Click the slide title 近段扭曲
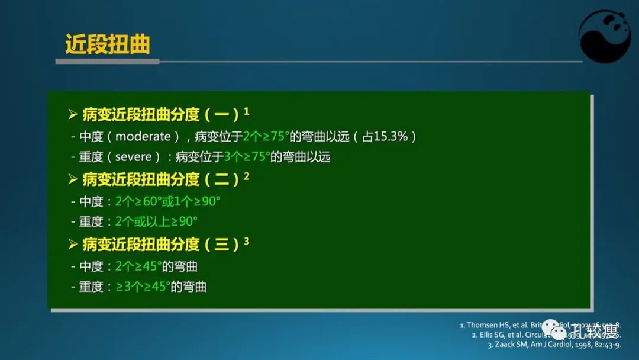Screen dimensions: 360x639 tap(107, 44)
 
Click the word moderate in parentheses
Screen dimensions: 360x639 tap(143, 136)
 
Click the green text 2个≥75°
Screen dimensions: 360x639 tap(266, 136)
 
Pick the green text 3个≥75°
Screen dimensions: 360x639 tap(247, 157)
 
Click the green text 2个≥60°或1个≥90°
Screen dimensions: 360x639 tap(167, 201)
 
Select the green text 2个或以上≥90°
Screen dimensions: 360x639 tap(156, 221)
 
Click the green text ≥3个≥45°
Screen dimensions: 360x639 tap(143, 287)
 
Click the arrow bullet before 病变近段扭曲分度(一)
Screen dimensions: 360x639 tap(73, 114)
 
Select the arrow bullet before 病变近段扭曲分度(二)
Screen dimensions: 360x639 tap(73, 179)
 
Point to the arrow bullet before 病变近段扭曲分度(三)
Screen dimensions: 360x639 tap(73, 244)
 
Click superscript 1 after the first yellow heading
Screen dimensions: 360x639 tap(247, 111)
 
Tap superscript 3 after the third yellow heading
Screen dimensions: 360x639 tap(247, 241)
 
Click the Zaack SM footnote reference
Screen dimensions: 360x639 tap(554, 345)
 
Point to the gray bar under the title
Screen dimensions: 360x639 tap(107, 61)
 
